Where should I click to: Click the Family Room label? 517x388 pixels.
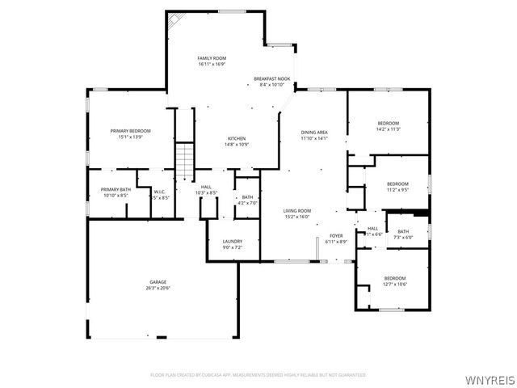(x=211, y=58)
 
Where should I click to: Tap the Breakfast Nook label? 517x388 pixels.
(x=271, y=78)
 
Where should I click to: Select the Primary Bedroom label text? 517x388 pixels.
(x=130, y=130)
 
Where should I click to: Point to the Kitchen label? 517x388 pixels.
(x=236, y=138)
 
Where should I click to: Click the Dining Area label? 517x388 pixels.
(x=314, y=132)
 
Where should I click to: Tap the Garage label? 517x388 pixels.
(x=158, y=282)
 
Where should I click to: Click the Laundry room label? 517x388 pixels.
(x=233, y=241)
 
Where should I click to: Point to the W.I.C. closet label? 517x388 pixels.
(x=160, y=192)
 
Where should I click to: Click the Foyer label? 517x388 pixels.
(x=336, y=236)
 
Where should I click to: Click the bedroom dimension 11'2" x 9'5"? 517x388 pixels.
(x=397, y=190)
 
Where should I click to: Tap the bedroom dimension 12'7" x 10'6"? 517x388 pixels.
(x=394, y=284)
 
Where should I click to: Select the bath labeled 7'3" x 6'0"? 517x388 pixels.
(x=402, y=238)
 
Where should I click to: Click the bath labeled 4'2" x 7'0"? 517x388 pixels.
(x=247, y=203)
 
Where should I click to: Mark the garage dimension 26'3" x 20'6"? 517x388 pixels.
(x=158, y=288)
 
